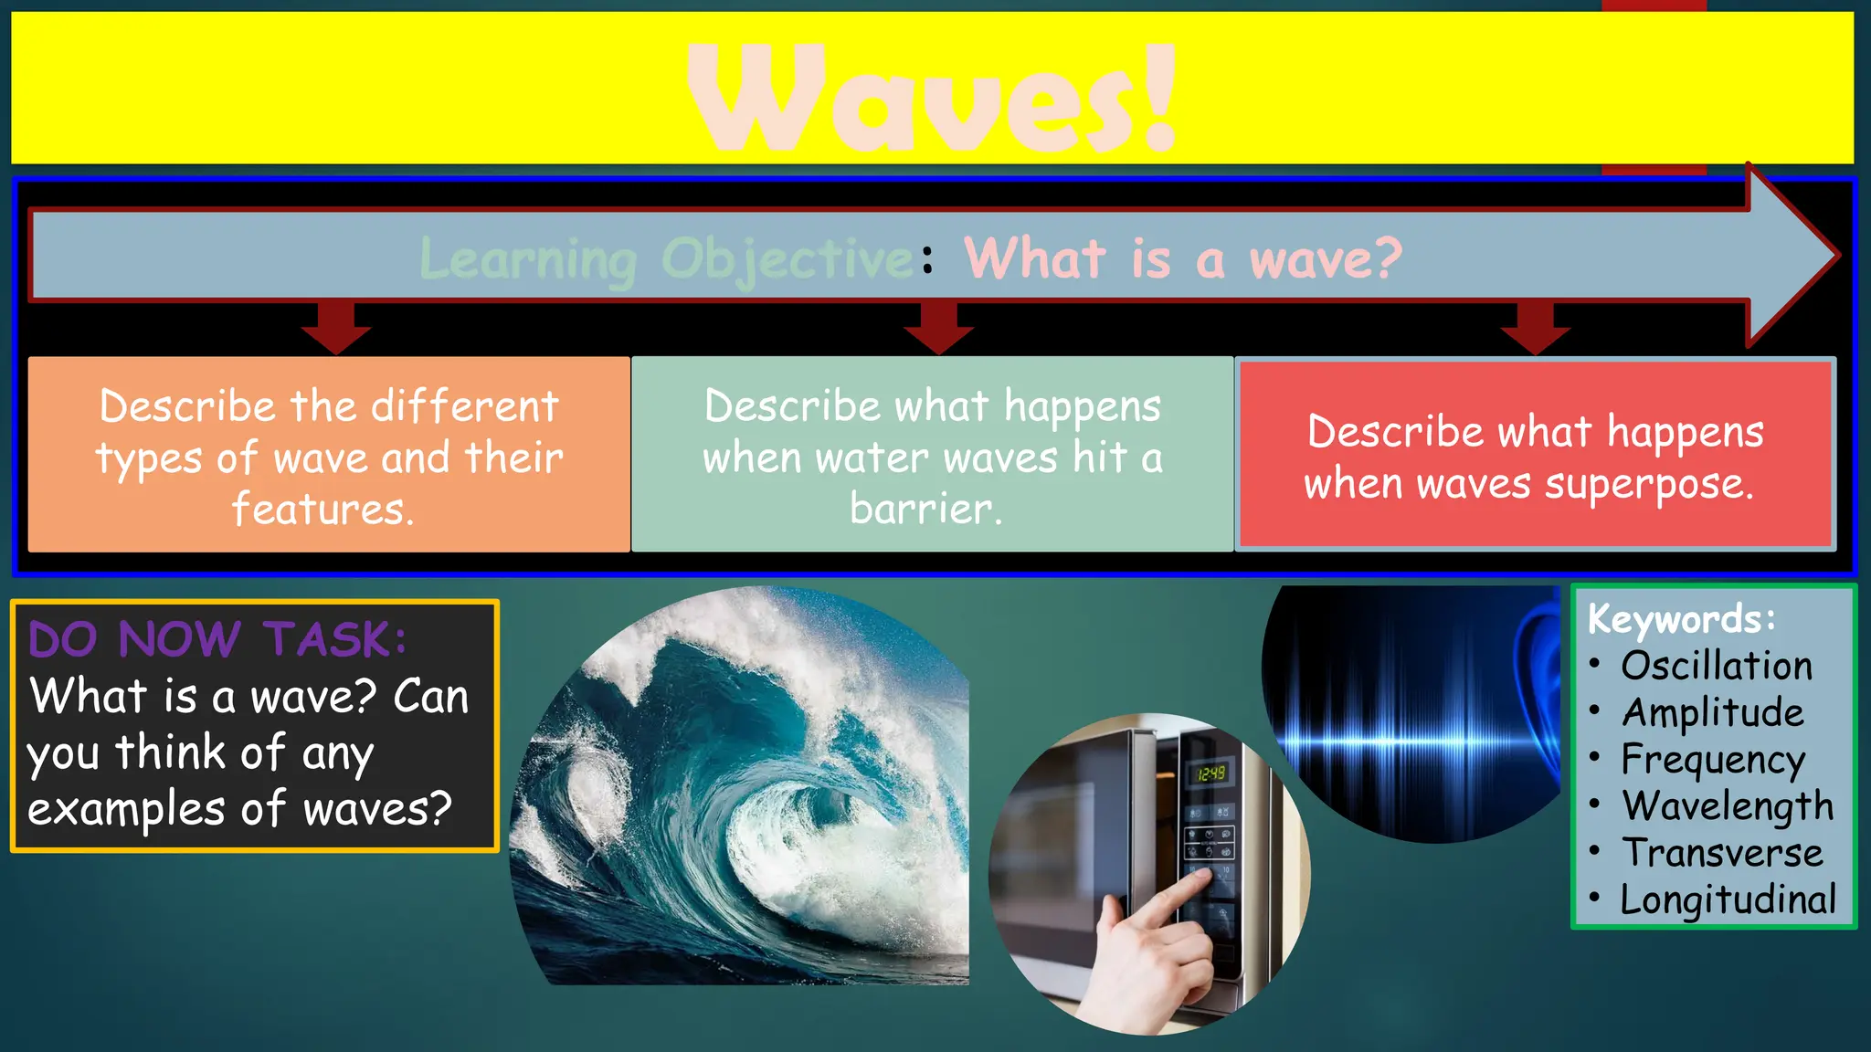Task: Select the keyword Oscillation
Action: tap(1716, 666)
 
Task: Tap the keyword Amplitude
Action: tap(1712, 712)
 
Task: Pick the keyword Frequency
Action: tap(1712, 760)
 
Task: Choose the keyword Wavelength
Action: tap(1727, 806)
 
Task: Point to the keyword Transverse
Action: tap(1721, 853)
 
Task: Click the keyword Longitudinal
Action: tap(1727, 899)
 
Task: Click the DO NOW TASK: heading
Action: tap(217, 638)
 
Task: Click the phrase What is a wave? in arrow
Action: tap(1182, 258)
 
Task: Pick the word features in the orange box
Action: tap(322, 510)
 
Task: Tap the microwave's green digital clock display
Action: tap(1211, 773)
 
